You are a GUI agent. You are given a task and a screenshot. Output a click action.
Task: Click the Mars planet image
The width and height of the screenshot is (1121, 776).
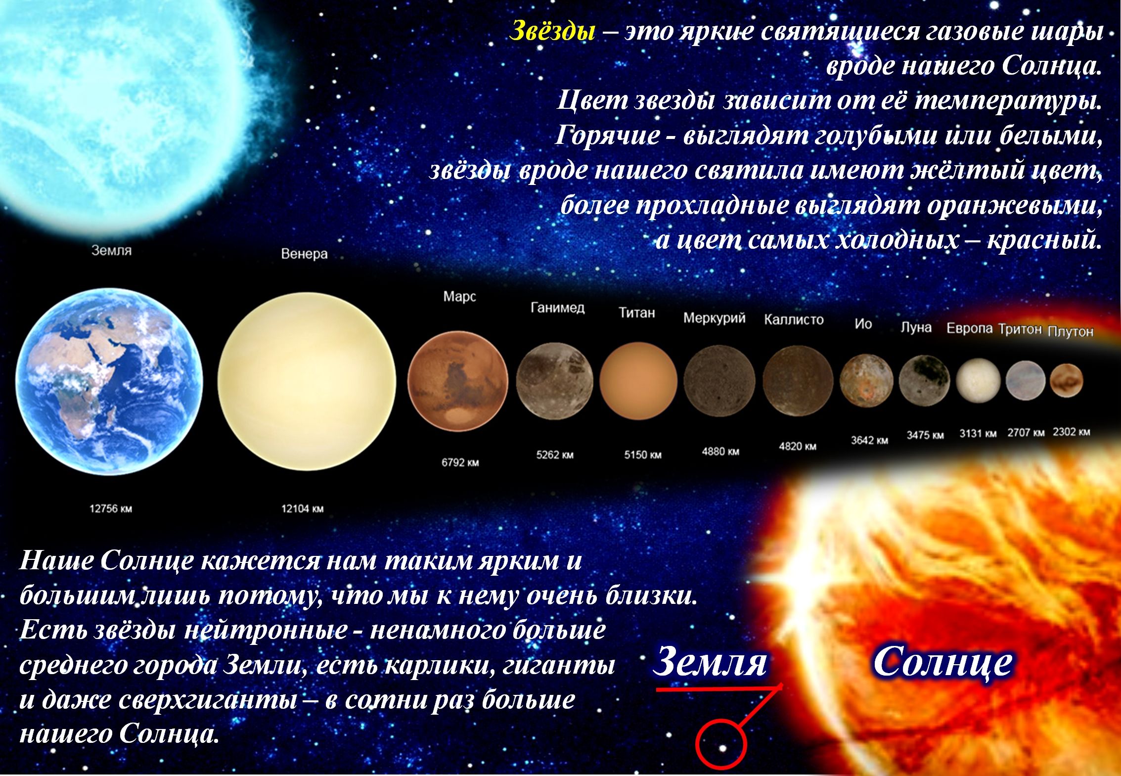pyautogui.click(x=457, y=381)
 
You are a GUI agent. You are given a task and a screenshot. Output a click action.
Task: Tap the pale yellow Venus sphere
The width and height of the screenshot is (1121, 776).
pyautogui.click(x=307, y=380)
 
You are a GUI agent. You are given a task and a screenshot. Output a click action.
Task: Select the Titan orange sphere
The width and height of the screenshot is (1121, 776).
pyautogui.click(x=638, y=380)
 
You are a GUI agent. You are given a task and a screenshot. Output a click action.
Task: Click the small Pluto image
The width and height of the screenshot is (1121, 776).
pyautogui.click(x=1066, y=380)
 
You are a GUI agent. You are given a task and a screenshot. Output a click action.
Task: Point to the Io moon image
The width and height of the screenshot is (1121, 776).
pyautogui.click(x=866, y=381)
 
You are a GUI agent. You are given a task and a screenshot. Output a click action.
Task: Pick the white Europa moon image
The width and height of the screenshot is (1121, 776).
pyautogui.click(x=978, y=381)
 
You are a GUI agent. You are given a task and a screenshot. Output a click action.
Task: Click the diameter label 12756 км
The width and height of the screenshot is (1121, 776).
pyautogui.click(x=111, y=508)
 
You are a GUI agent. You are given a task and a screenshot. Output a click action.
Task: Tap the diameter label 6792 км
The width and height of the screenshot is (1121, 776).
pyautogui.click(x=460, y=463)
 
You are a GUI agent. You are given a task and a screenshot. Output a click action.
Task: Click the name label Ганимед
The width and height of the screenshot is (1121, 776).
pyautogui.click(x=558, y=308)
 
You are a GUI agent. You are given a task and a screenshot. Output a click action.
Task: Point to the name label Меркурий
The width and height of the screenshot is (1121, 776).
pyautogui.click(x=715, y=318)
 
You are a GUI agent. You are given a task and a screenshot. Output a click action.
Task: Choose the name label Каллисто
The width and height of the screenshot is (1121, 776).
pyautogui.click(x=794, y=320)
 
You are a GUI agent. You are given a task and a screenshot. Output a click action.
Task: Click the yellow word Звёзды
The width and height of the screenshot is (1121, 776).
pyautogui.click(x=552, y=31)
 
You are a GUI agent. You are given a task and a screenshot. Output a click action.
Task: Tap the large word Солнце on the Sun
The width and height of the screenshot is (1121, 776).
pyautogui.click(x=942, y=663)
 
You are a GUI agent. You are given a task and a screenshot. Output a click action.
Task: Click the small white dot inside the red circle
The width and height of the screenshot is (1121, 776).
pyautogui.click(x=722, y=748)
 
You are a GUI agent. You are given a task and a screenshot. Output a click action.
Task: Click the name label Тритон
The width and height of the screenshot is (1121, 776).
pyautogui.click(x=1020, y=329)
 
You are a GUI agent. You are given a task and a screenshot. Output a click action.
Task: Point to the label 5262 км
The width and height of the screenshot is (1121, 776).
pyautogui.click(x=555, y=455)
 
